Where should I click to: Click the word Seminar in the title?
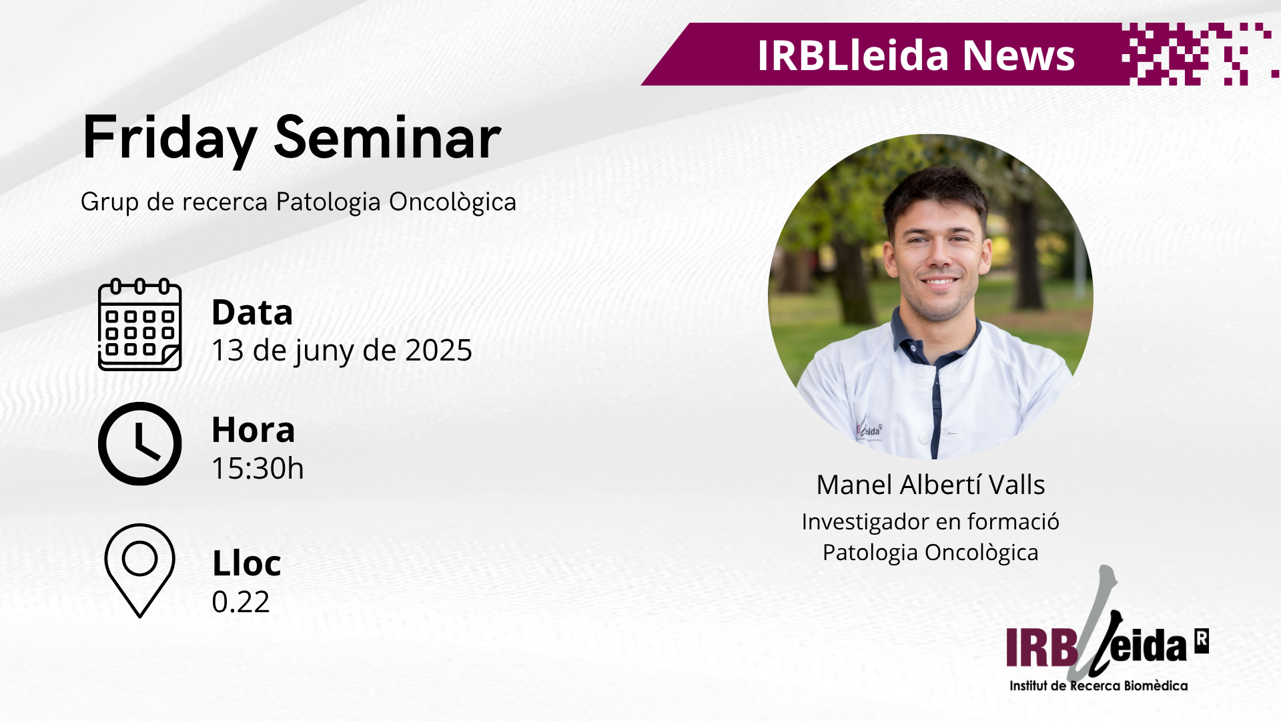click(388, 137)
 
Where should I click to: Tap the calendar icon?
click(139, 324)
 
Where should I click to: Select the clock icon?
click(139, 443)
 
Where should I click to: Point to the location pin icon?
click(139, 570)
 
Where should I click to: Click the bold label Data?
click(252, 312)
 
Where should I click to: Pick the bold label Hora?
click(253, 429)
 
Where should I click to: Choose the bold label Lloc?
click(246, 563)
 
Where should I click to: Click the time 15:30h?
click(258, 469)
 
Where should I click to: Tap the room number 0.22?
click(240, 602)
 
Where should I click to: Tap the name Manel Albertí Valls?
click(931, 485)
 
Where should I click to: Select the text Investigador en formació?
click(931, 522)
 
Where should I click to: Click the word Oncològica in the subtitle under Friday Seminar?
click(452, 202)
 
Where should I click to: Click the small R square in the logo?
click(1201, 641)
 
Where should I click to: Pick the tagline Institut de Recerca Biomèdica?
click(1098, 686)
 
